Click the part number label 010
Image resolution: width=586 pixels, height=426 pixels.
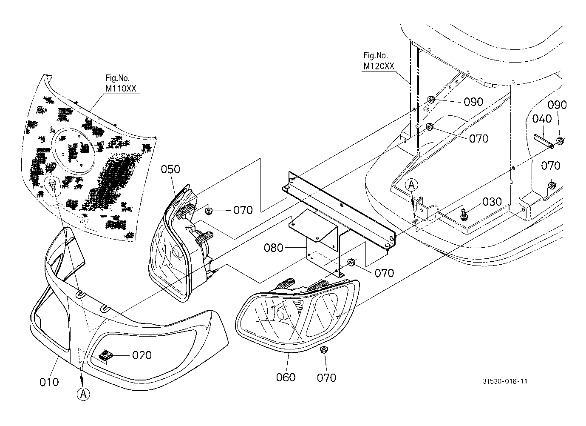49,382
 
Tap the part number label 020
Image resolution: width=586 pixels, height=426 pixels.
142,355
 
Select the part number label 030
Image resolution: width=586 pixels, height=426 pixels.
492,202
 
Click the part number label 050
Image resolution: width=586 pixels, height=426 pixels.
170,169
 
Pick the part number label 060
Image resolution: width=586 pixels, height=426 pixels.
286,377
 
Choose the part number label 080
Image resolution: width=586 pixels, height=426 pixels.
274,248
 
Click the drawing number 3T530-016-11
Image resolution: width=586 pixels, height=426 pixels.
505,381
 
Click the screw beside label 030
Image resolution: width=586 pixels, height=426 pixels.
464,214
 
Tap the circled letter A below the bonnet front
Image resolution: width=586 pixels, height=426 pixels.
84,395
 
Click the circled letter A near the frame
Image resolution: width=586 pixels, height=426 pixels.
411,185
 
